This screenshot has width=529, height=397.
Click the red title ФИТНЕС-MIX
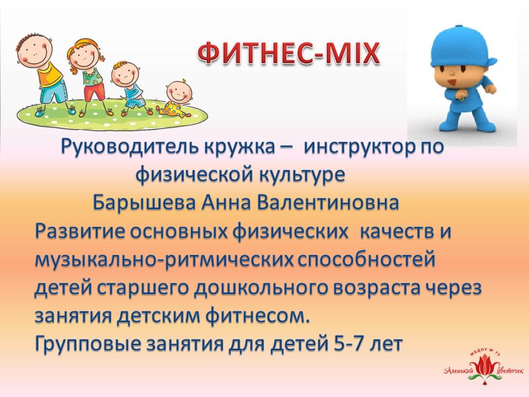tap(289, 53)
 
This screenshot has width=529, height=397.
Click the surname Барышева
tap(144, 202)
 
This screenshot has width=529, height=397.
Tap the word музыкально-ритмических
tap(164, 260)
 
